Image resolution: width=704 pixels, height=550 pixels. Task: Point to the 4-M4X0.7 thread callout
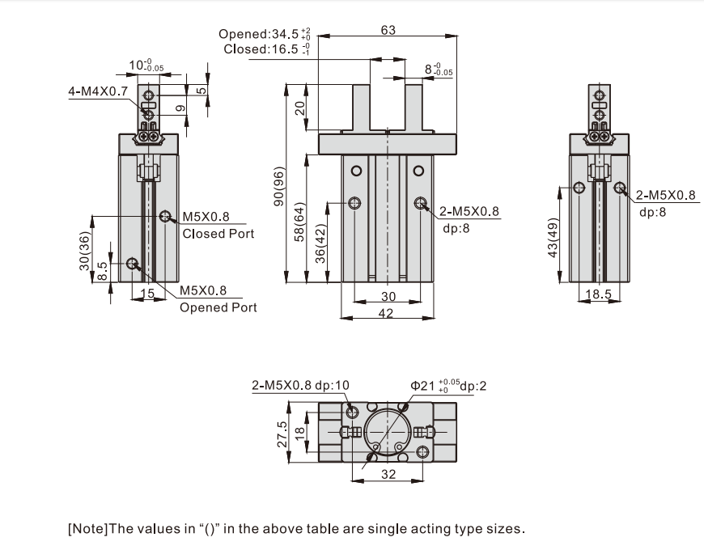click(97, 91)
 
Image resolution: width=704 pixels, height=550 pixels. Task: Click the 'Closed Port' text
click(218, 234)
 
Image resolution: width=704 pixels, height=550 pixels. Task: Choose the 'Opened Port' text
click(218, 307)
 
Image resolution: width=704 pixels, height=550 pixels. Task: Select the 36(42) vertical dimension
click(320, 244)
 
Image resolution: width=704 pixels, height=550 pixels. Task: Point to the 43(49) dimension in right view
click(553, 238)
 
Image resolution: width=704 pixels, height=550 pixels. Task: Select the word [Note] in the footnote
click(87, 531)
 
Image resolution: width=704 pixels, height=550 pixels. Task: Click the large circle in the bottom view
click(388, 432)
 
